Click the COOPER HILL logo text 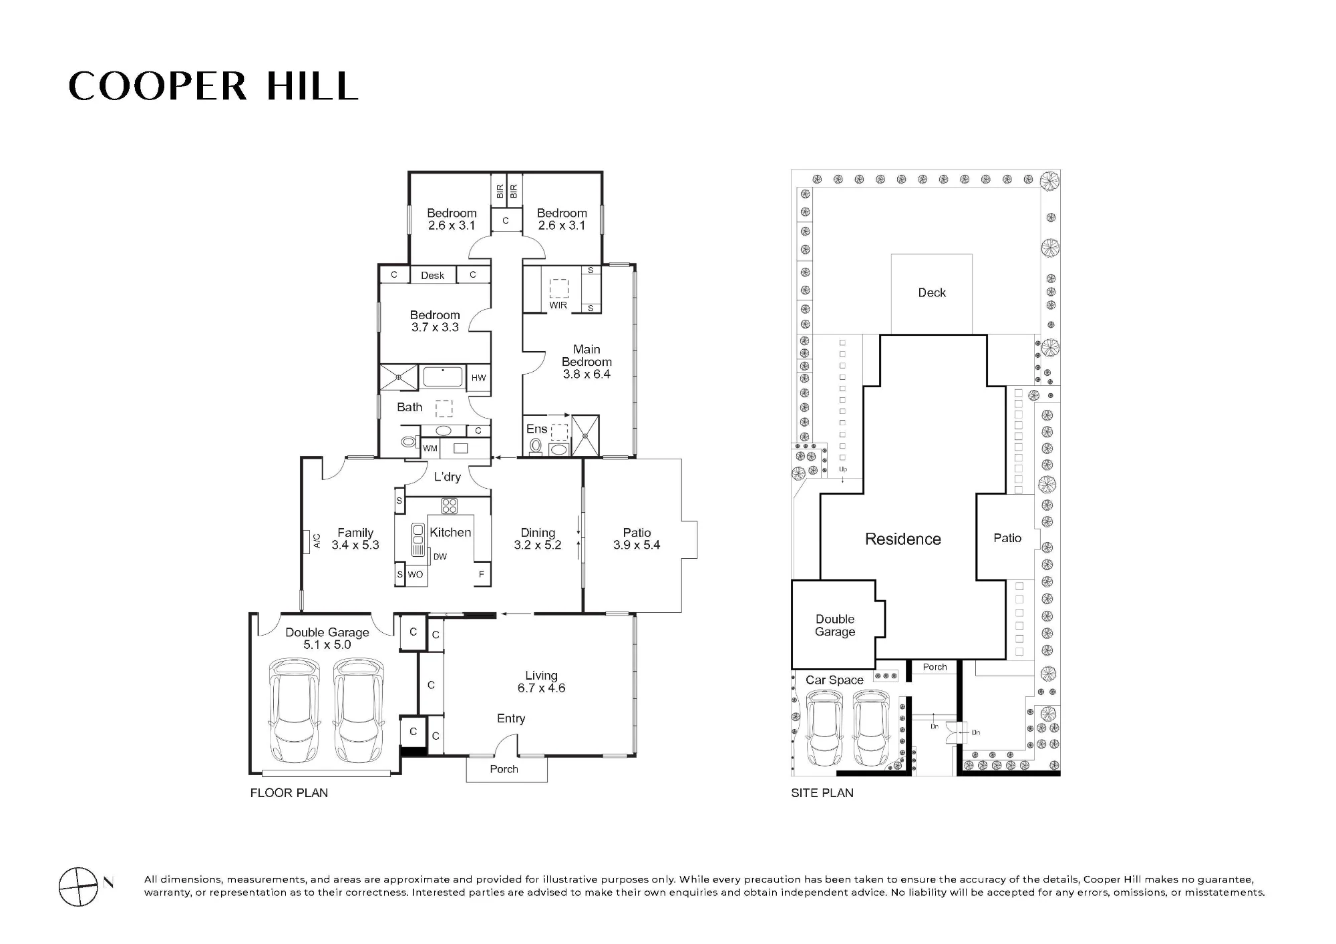[213, 86]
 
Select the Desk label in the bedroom [433, 275]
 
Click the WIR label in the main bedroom [558, 305]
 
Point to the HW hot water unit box [479, 378]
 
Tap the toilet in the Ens [535, 446]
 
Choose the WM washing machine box [430, 449]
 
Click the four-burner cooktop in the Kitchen [449, 505]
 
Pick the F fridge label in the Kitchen [481, 574]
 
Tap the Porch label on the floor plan [504, 769]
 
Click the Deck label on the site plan [932, 292]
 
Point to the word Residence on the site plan [903, 539]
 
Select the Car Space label [834, 680]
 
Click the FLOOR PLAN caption [289, 793]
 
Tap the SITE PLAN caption [822, 793]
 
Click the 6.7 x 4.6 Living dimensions [541, 688]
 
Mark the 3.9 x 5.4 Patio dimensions [637, 545]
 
